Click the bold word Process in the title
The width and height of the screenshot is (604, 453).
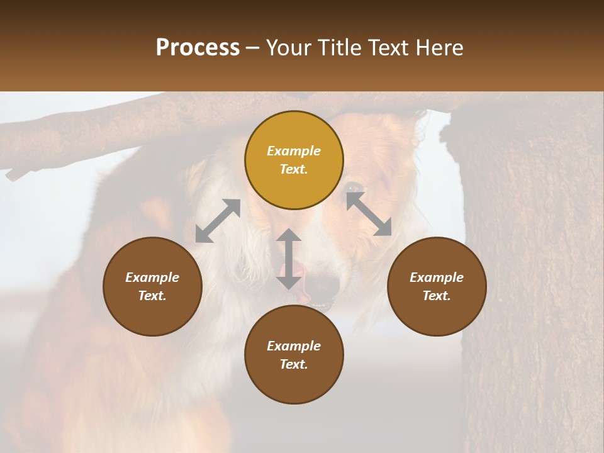(x=198, y=48)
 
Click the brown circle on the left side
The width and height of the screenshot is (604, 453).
(x=152, y=286)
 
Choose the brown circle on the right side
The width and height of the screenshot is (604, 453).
(x=437, y=286)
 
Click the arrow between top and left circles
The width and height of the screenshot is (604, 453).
(x=218, y=221)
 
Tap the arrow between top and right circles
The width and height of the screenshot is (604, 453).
(x=369, y=214)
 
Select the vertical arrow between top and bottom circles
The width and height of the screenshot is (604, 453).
(x=289, y=259)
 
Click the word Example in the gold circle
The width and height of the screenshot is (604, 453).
(x=294, y=151)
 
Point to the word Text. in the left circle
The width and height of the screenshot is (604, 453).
(x=152, y=296)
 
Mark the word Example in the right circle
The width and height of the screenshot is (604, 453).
(x=437, y=277)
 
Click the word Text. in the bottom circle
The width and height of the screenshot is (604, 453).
(x=294, y=364)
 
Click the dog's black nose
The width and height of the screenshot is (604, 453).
(x=325, y=286)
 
